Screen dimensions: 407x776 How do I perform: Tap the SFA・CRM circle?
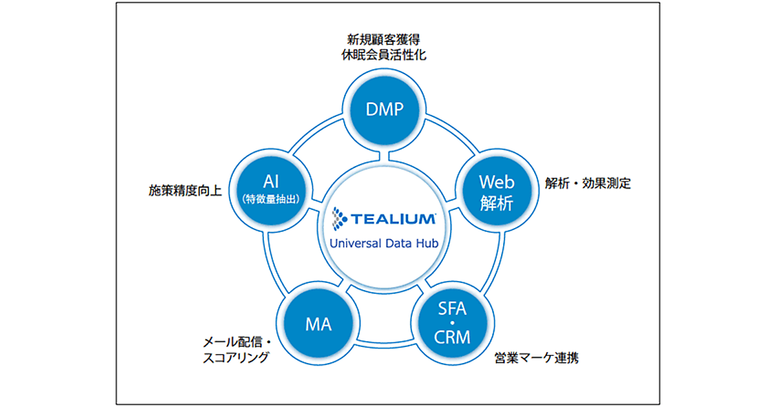click(x=453, y=322)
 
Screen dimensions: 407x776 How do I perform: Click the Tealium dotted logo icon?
click(x=339, y=218)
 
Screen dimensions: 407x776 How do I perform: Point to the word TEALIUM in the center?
click(x=393, y=219)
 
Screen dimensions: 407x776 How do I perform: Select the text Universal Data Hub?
click(x=385, y=243)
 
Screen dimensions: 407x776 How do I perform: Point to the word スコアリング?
click(x=235, y=357)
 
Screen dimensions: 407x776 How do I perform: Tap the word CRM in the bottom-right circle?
click(x=453, y=337)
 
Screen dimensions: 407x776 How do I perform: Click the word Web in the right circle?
click(x=496, y=182)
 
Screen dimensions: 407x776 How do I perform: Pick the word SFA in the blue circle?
click(x=453, y=308)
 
